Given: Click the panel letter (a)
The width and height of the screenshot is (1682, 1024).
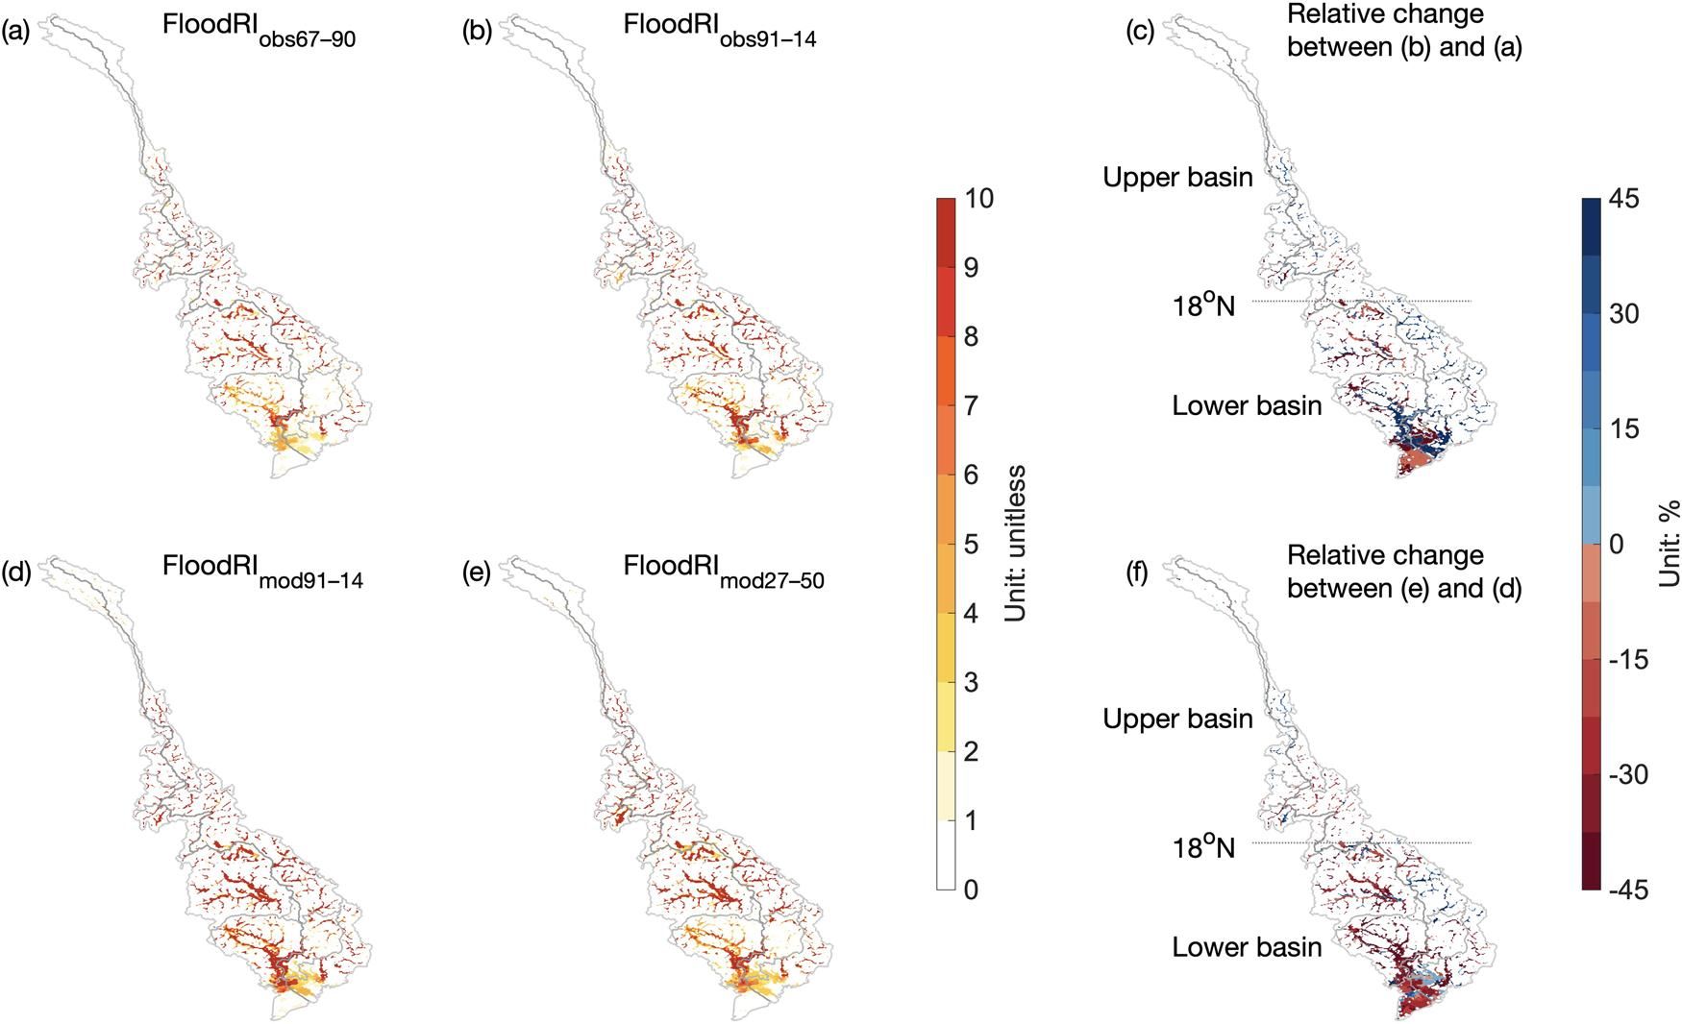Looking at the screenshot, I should [x=16, y=33].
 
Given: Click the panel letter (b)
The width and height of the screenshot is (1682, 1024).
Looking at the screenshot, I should [x=478, y=33].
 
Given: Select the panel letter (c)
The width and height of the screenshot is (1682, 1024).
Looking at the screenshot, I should [x=1140, y=33].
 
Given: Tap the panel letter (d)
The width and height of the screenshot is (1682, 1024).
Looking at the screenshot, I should [x=16, y=573].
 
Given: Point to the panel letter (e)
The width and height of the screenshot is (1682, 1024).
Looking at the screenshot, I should [x=478, y=573].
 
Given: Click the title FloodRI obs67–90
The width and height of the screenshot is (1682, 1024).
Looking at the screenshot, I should [x=259, y=31].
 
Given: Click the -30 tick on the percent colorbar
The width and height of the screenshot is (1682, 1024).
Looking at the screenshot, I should [x=1627, y=774].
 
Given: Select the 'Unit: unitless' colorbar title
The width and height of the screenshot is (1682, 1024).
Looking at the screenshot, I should [x=1015, y=543].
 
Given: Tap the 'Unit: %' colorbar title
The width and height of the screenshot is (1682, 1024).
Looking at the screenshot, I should [x=1669, y=543].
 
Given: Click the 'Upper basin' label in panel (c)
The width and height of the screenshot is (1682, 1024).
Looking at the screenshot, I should [x=1177, y=178].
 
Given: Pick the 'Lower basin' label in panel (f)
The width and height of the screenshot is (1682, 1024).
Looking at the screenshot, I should [x=1247, y=947].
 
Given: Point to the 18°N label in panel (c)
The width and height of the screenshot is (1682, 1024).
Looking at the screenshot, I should [x=1202, y=305].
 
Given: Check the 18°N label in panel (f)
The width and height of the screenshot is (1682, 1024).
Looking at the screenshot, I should [x=1202, y=847].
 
